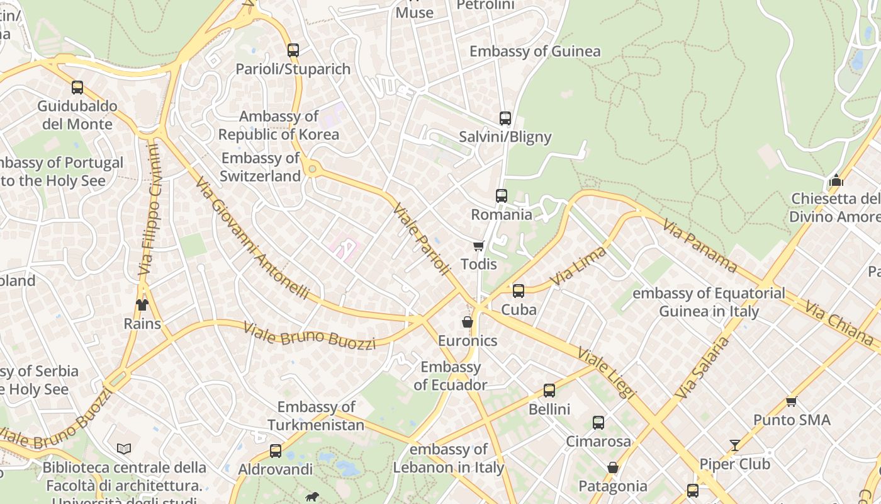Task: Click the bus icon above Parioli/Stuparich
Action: click(293, 50)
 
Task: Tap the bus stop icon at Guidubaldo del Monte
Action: click(77, 88)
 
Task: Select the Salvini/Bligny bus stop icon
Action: click(505, 118)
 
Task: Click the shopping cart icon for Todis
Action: click(479, 246)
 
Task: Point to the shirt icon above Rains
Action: click(142, 305)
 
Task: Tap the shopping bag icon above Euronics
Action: click(468, 322)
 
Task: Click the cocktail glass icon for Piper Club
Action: click(734, 445)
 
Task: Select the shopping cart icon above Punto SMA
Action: click(791, 401)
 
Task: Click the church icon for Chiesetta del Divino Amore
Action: click(836, 180)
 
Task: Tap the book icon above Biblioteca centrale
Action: click(124, 449)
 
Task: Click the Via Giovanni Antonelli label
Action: click(252, 238)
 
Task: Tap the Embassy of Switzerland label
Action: click(261, 167)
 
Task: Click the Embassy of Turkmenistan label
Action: click(316, 416)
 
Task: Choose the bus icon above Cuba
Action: click(518, 291)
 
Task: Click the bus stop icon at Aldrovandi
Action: click(276, 451)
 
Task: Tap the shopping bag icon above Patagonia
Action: click(612, 467)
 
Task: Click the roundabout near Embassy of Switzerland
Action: click(311, 168)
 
